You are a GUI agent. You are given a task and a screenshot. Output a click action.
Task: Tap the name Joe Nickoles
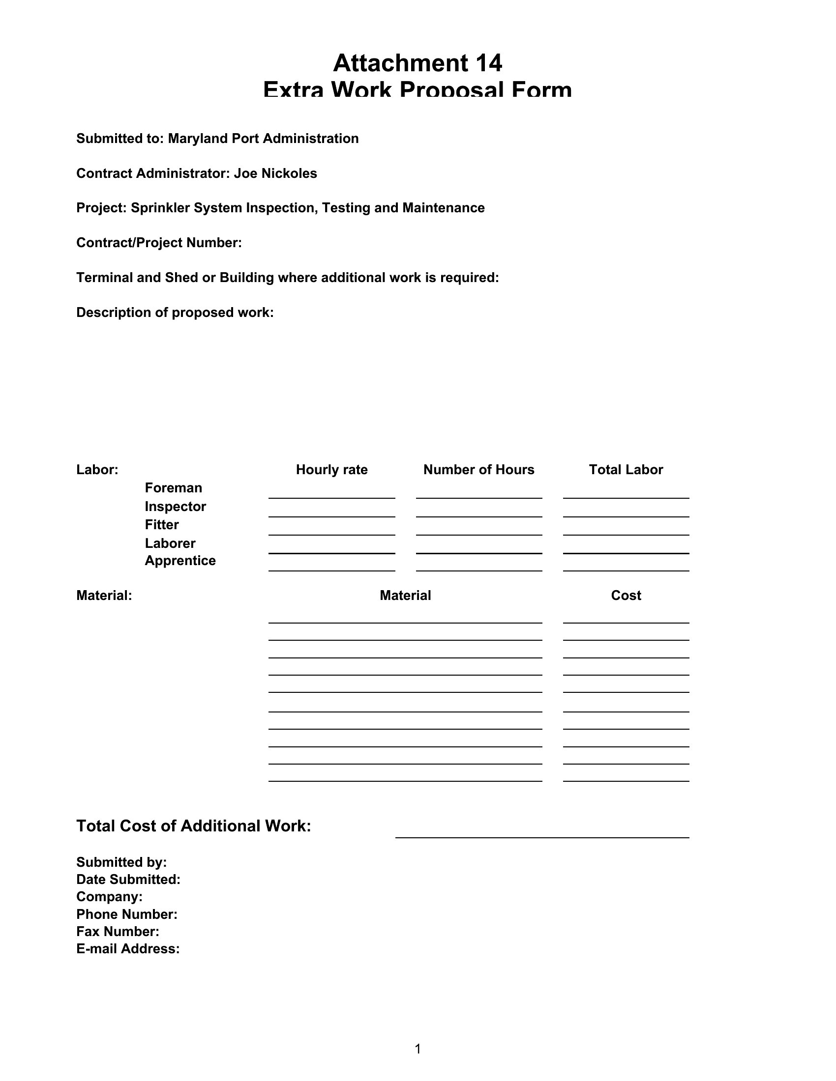point(275,173)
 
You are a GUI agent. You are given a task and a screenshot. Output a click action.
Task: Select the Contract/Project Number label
point(158,243)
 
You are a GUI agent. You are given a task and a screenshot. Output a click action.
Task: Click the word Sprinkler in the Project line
point(160,208)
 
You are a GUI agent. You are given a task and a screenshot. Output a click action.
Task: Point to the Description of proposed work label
point(175,313)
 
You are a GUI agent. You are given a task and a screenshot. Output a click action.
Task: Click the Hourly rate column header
point(331,469)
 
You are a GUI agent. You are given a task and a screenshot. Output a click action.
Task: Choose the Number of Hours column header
point(478,469)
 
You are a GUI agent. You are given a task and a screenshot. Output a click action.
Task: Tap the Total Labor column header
point(626,469)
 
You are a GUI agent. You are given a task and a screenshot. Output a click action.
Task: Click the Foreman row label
point(173,488)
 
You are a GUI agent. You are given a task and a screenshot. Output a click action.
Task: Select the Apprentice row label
point(180,561)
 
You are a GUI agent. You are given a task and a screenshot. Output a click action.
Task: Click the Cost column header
point(626,595)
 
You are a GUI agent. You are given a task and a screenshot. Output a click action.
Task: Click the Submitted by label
point(121,862)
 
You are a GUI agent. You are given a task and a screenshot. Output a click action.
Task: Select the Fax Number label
point(118,932)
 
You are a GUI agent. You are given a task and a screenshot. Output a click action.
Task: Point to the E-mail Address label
point(128,949)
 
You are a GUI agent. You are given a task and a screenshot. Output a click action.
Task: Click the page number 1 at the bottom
point(418,1049)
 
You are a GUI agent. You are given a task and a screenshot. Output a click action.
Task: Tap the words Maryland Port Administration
point(263,139)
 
